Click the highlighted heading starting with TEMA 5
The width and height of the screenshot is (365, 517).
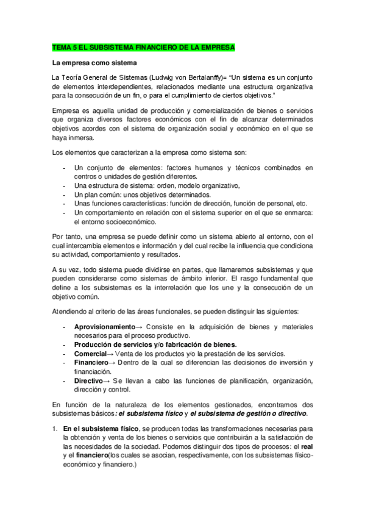click(143, 47)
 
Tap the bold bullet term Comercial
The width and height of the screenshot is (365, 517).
click(90, 354)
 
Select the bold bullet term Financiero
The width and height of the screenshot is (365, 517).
click(91, 362)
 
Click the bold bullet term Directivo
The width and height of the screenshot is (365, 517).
click(89, 380)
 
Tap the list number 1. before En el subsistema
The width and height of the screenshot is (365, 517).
click(55, 429)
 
